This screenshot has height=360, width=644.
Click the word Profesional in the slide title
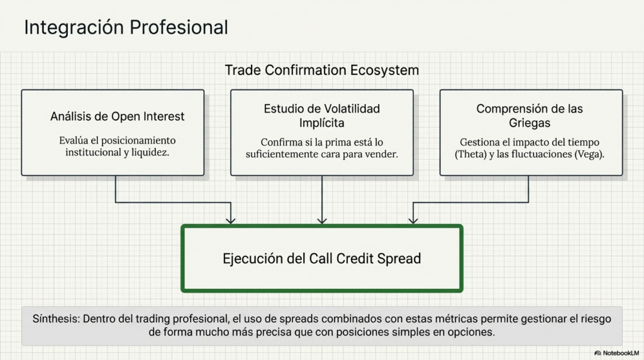(x=179, y=28)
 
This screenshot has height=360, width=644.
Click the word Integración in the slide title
(x=74, y=28)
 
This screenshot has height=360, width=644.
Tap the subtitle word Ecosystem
(x=384, y=70)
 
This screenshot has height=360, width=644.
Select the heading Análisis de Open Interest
(x=118, y=116)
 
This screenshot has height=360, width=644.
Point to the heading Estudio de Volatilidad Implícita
(x=322, y=116)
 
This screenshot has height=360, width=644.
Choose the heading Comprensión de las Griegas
(x=530, y=116)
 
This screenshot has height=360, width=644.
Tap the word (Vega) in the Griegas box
(x=589, y=154)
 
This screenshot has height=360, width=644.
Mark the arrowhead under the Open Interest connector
(x=231, y=221)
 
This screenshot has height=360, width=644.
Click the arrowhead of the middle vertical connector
(x=322, y=221)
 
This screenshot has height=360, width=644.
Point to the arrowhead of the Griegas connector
(x=413, y=221)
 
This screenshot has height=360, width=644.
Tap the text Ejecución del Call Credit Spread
(x=322, y=259)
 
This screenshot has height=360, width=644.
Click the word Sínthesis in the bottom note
(x=56, y=319)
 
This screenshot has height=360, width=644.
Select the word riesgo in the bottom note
(x=596, y=319)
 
